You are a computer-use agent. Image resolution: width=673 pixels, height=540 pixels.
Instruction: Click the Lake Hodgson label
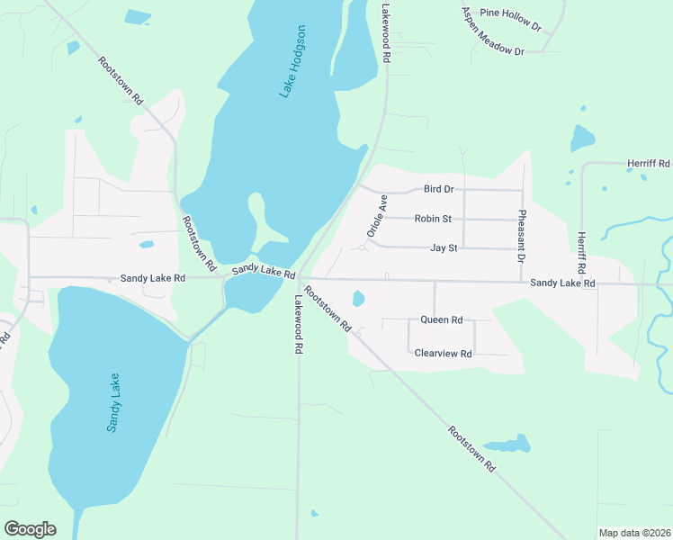point(293,61)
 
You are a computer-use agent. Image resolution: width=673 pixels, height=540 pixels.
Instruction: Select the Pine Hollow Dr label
point(510,19)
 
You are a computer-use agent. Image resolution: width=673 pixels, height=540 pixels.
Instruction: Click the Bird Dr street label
point(438,189)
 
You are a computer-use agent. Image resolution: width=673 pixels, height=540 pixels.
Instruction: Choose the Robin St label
point(433,219)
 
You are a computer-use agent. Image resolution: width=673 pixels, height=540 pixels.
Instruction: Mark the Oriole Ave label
point(376,217)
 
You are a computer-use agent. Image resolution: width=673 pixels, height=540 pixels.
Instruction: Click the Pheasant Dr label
point(521,236)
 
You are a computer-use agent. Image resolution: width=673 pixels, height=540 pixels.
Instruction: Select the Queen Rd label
point(441,319)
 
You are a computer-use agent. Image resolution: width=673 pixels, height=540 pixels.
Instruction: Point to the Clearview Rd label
point(443,354)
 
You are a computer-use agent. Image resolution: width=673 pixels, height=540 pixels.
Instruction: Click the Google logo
point(30,529)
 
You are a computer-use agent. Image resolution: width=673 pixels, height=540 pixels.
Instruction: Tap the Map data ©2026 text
point(633,533)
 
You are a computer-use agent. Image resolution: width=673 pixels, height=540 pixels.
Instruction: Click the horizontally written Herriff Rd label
point(649,164)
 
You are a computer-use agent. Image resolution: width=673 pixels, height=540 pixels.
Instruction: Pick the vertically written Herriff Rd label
point(580,253)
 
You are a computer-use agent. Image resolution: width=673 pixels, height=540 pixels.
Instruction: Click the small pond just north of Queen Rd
point(358,298)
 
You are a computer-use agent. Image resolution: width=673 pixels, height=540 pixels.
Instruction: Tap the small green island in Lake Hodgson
point(256,214)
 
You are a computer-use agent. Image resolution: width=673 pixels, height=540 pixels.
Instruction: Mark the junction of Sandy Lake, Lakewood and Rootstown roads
point(299,278)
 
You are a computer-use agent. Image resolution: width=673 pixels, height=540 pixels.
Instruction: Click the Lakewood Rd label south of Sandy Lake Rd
point(297,326)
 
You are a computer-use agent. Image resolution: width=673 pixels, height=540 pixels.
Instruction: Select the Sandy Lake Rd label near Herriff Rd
point(562,283)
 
